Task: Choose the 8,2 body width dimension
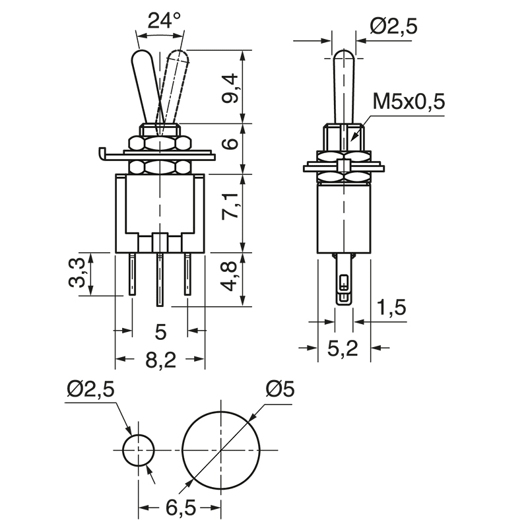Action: (160, 360)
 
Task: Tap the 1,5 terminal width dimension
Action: (392, 308)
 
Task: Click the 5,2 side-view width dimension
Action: (343, 347)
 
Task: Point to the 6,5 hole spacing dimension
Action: (179, 508)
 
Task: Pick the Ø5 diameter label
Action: (279, 389)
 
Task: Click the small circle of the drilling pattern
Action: (138, 451)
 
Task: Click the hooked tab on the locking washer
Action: (101, 154)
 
